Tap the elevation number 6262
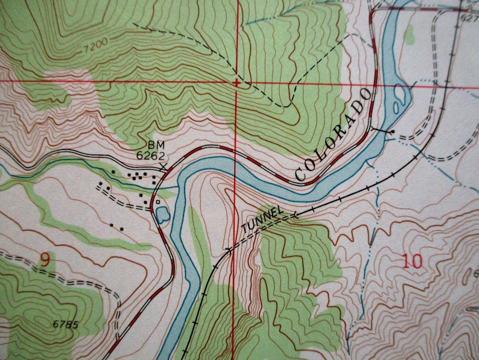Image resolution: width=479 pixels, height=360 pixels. click(x=151, y=155)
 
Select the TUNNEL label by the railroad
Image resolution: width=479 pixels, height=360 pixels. click(x=262, y=219)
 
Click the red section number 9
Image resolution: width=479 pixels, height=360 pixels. click(x=45, y=260)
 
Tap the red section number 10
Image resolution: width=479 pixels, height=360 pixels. click(x=412, y=262)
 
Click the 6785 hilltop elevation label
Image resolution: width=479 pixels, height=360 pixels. click(x=65, y=324)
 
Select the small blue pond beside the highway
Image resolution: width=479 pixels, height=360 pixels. click(x=162, y=214)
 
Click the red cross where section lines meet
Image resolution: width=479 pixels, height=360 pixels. click(x=236, y=82)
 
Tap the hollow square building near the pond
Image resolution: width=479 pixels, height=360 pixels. click(x=157, y=202)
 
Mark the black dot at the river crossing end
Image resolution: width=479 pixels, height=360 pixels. click(x=392, y=131)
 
